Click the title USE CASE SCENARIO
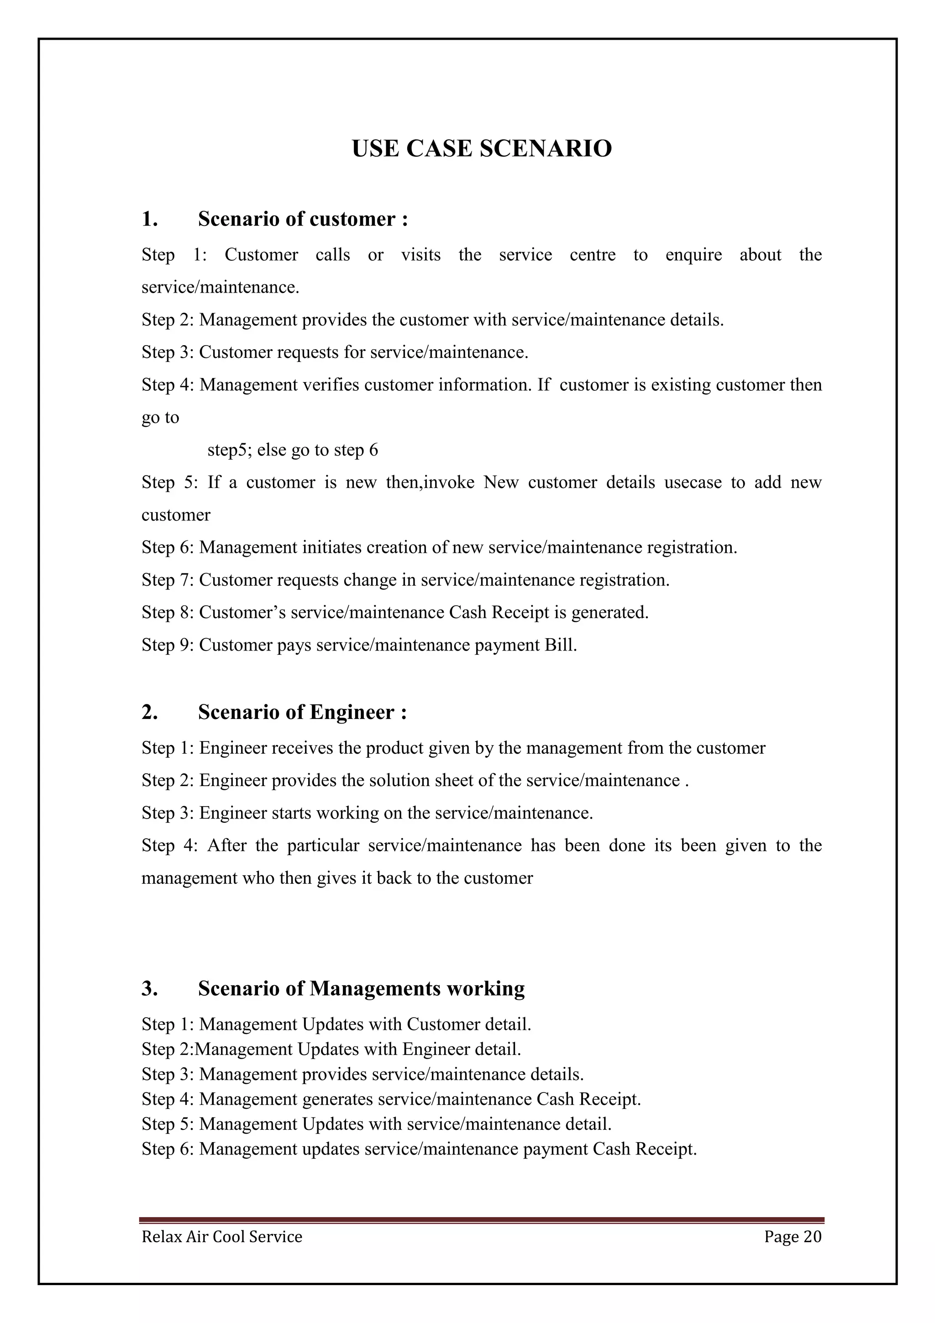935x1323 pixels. (481, 149)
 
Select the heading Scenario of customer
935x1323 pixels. (302, 219)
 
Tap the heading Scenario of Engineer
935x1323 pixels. (302, 712)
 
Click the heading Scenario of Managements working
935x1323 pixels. (361, 988)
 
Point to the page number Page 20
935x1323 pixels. (792, 1237)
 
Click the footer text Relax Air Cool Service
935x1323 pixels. (222, 1237)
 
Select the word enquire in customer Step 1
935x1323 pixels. (693, 255)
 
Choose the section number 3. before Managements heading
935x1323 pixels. (149, 988)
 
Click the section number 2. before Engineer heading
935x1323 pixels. (149, 712)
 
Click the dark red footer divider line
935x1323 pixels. (481, 1220)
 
